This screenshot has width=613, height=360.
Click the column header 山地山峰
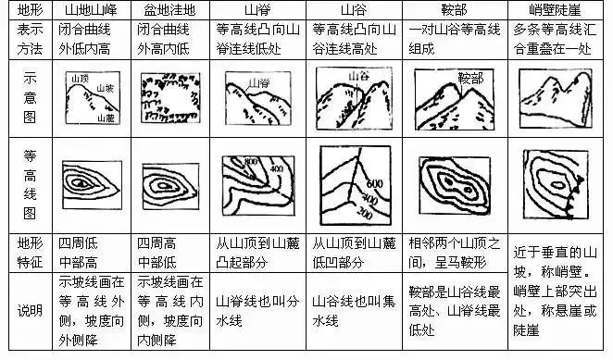tap(90, 10)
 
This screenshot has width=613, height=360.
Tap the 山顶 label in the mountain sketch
tap(78, 81)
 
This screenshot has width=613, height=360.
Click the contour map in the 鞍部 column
tap(456, 183)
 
